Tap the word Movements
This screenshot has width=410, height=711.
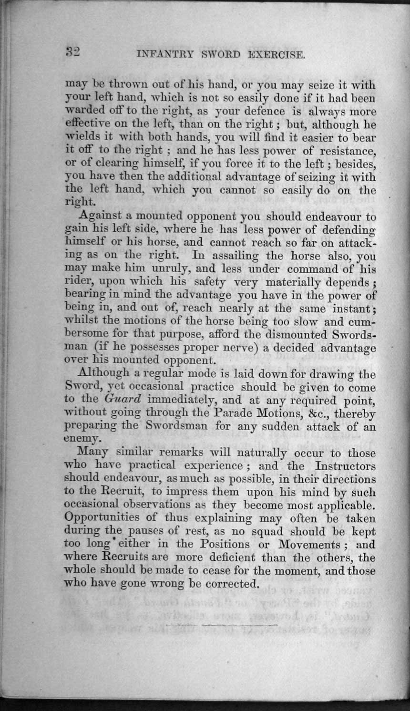[x=308, y=544]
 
